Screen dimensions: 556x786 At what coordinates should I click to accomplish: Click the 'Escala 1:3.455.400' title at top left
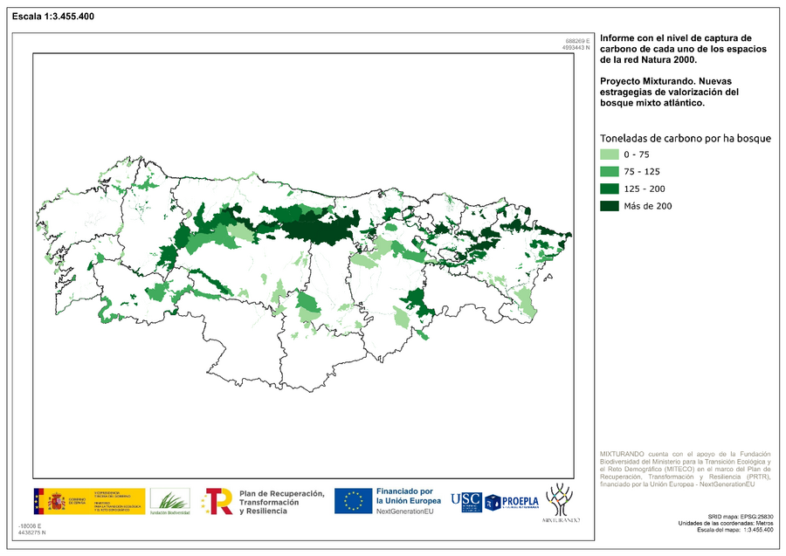[53, 17]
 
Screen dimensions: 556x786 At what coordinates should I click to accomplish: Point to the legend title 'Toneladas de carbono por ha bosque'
[685, 138]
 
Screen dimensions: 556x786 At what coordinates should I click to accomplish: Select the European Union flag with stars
[353, 500]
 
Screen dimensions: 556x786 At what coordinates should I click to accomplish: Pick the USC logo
[465, 501]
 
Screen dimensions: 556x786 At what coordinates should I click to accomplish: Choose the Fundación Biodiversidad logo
[169, 501]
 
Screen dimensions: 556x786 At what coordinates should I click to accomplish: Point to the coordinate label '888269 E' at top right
[578, 41]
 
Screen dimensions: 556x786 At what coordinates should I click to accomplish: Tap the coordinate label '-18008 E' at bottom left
[29, 525]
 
